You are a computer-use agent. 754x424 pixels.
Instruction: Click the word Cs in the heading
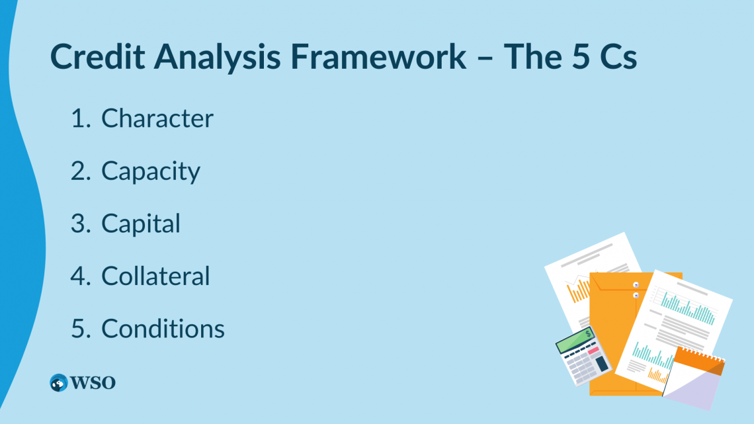tap(618, 58)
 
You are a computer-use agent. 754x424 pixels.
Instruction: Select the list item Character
tap(157, 118)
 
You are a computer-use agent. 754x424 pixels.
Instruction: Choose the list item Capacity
tap(151, 171)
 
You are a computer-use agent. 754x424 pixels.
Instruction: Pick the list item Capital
tap(141, 224)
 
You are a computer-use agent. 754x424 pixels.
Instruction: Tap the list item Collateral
tap(155, 276)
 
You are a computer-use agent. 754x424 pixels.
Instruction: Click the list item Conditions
tap(163, 329)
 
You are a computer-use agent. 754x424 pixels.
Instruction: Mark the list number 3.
tap(79, 224)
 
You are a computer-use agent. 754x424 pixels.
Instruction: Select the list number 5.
tap(79, 329)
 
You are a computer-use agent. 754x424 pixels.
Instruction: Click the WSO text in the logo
tap(93, 382)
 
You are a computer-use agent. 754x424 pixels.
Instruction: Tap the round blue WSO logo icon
tap(59, 382)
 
